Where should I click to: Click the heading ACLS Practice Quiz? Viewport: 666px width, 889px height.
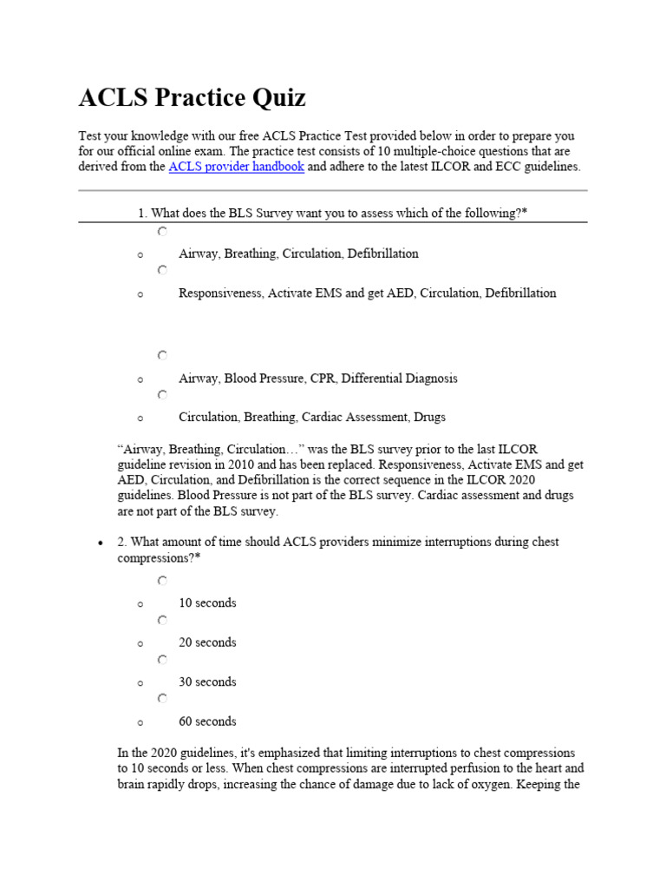[192, 98]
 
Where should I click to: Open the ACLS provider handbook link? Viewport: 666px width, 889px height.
[236, 167]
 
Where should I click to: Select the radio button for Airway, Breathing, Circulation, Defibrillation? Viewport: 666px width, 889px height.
[162, 232]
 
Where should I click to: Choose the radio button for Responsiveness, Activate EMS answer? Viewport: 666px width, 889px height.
[162, 271]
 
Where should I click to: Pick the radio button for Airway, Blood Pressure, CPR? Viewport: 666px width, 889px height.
[162, 355]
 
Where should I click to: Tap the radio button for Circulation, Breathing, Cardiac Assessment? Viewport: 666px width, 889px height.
[162, 395]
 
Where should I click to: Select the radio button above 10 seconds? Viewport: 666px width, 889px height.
[162, 581]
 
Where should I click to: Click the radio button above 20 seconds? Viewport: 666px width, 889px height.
[162, 621]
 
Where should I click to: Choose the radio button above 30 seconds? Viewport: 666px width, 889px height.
[162, 660]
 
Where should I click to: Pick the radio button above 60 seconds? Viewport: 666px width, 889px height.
[162, 699]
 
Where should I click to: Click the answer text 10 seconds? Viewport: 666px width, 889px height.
[207, 603]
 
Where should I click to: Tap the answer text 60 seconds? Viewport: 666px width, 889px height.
[207, 721]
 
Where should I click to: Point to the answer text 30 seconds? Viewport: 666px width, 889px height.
[207, 682]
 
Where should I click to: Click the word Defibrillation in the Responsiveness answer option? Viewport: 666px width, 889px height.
[520, 293]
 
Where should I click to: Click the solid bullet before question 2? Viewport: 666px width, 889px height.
[101, 543]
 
